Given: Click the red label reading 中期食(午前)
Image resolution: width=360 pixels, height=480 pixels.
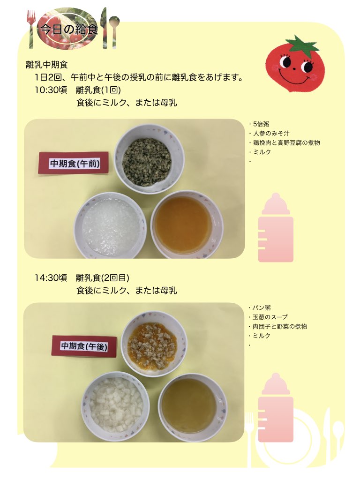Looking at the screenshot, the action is pyautogui.click(x=74, y=163).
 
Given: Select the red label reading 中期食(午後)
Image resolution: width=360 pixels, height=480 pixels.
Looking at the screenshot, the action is pyautogui.click(x=84, y=346).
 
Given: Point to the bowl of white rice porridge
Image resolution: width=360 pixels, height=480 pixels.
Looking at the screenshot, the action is pyautogui.click(x=110, y=225).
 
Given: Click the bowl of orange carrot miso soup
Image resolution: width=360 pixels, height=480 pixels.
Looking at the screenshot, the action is pyautogui.click(x=187, y=225).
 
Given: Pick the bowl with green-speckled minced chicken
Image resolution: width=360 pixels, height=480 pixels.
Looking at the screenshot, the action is pyautogui.click(x=149, y=158).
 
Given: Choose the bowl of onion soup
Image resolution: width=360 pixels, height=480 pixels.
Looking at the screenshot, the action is pyautogui.click(x=193, y=408).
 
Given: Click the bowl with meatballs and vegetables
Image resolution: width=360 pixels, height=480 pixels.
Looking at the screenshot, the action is pyautogui.click(x=154, y=344).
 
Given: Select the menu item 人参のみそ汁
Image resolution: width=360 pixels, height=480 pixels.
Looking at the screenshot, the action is pyautogui.click(x=269, y=134).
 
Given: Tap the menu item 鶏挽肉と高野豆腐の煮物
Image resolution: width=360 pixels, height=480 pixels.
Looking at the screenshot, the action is pyautogui.click(x=285, y=142).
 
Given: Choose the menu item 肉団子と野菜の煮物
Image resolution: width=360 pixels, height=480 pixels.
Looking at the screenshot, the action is pyautogui.click(x=277, y=326).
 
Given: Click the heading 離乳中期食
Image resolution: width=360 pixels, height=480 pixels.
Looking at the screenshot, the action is pyautogui.click(x=47, y=65).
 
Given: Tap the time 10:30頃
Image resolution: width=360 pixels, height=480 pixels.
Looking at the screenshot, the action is pyautogui.click(x=51, y=90).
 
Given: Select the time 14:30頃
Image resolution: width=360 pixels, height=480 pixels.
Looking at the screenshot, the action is pyautogui.click(x=51, y=277).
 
